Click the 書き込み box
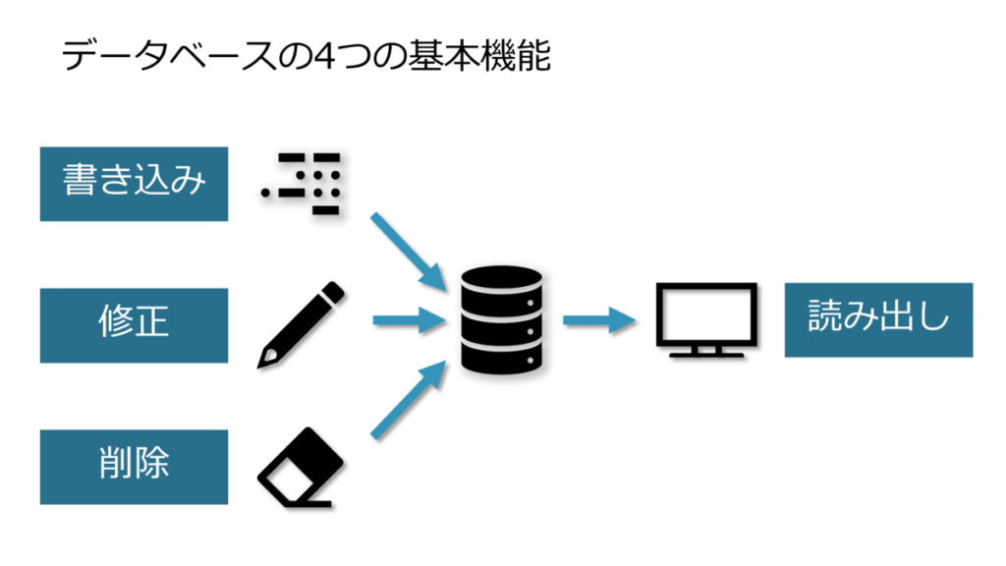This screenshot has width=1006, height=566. click(x=134, y=184)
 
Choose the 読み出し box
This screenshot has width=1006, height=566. click(x=878, y=320)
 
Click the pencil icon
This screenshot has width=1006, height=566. click(x=301, y=324)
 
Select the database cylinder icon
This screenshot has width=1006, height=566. click(x=501, y=320)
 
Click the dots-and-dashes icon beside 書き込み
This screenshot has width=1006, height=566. click(x=301, y=184)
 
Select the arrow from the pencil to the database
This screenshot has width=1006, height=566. click(x=404, y=320)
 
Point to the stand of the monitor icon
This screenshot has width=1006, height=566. click(x=705, y=349)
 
